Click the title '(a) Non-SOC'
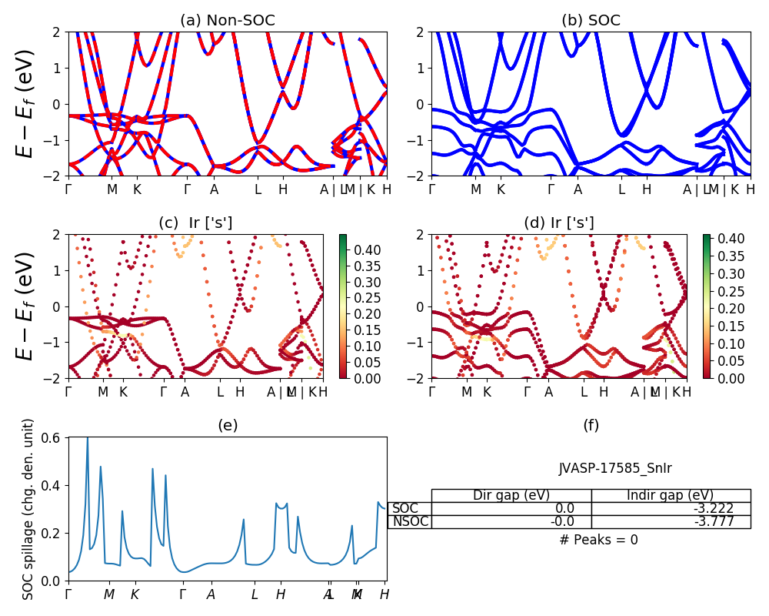[x=228, y=21]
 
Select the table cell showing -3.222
[x=671, y=508]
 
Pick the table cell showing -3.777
[x=671, y=521]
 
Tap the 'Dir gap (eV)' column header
[x=511, y=495]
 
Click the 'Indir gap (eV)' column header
[x=671, y=495]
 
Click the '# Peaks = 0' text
[x=598, y=540]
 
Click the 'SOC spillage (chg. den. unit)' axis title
[x=29, y=509]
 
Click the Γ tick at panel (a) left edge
[x=68, y=189]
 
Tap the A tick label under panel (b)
[x=578, y=189]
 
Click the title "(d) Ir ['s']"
[x=559, y=223]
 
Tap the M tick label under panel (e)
[x=109, y=594]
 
